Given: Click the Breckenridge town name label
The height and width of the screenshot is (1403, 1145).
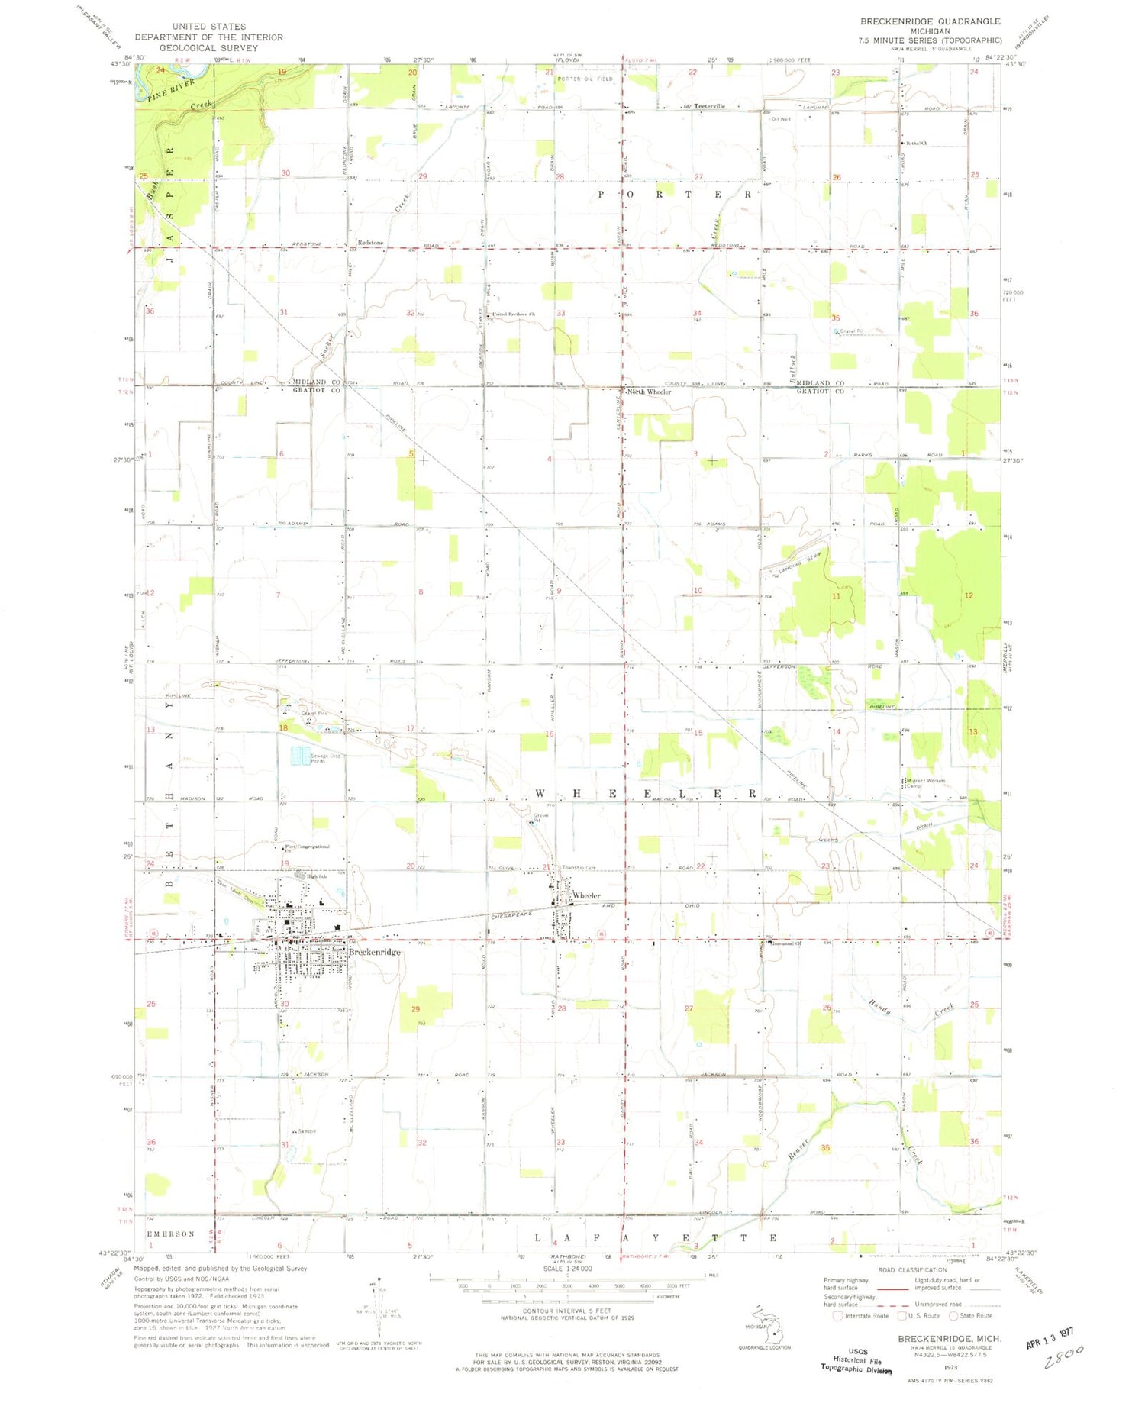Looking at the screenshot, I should [x=374, y=952].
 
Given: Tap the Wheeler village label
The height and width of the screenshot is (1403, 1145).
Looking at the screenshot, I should [x=586, y=895].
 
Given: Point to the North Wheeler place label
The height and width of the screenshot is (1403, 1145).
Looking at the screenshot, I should [x=650, y=392].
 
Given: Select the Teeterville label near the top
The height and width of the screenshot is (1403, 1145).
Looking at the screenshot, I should [x=709, y=106].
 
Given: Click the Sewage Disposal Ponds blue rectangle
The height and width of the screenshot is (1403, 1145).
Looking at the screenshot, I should [x=301, y=755].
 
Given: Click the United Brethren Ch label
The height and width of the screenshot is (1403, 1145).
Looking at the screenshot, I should [x=514, y=314].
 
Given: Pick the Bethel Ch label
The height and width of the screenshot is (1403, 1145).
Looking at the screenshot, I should [x=916, y=143].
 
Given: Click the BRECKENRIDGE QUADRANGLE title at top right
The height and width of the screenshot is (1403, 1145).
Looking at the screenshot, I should [x=919, y=21].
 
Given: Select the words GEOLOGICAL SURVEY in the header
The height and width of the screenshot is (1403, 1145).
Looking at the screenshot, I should [x=208, y=47].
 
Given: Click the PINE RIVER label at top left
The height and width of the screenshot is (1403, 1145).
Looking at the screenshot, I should [x=167, y=89].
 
